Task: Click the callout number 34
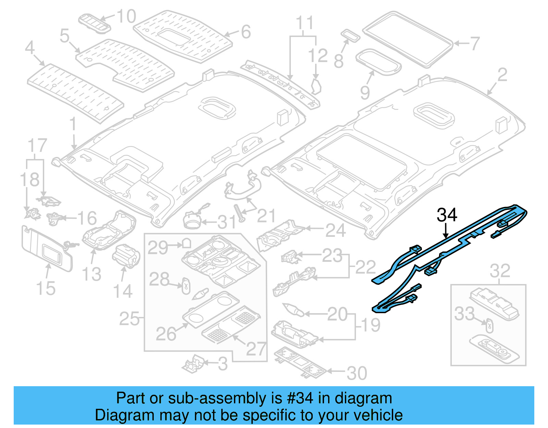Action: tap(447, 215)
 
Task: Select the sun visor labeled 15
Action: tap(46, 248)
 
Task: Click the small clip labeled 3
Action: tap(194, 363)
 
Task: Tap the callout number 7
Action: tap(475, 44)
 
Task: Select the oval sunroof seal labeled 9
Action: tap(378, 62)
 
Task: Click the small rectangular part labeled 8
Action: tap(350, 35)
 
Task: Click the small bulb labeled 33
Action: tap(489, 325)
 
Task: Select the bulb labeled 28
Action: tap(186, 285)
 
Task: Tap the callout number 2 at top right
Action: tap(502, 75)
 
